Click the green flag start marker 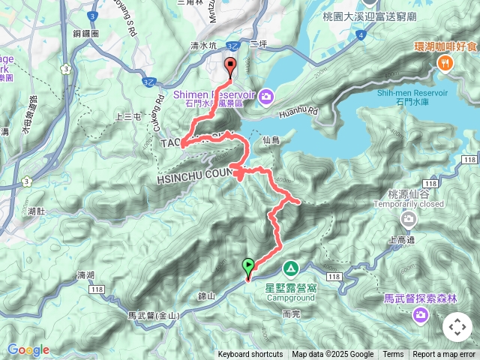tap(248, 265)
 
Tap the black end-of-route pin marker tap(229, 66)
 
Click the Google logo tap(28, 349)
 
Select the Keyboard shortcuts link tap(250, 355)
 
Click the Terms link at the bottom tap(393, 355)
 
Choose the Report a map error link tap(445, 355)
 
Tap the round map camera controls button tap(457, 327)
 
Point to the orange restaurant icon tap(445, 63)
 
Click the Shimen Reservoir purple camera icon tap(268, 96)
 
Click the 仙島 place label tap(271, 140)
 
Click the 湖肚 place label tap(34, 211)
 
